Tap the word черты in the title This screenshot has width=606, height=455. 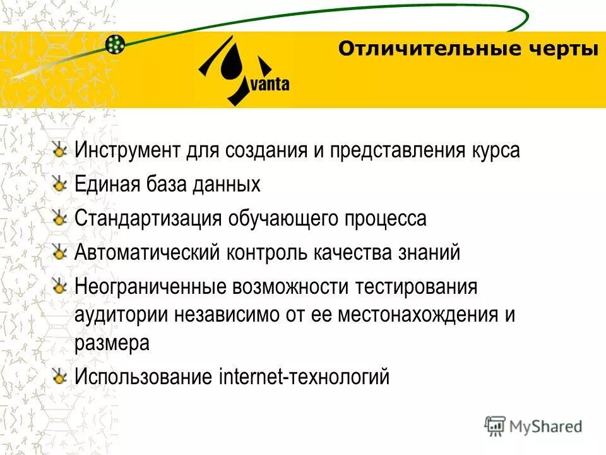[x=562, y=49]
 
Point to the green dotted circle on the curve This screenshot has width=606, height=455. [x=115, y=44]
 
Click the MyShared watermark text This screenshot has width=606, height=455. [x=546, y=427]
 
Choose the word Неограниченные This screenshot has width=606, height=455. [x=150, y=287]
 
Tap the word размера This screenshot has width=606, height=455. [x=112, y=343]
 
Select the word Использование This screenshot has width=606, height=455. [x=143, y=377]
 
